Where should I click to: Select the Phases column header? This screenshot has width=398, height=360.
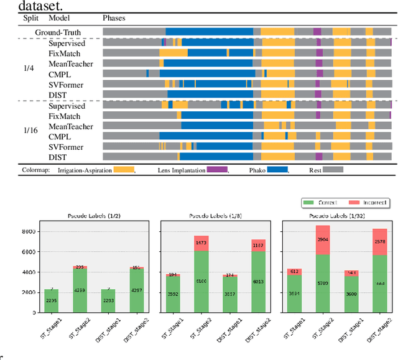114,18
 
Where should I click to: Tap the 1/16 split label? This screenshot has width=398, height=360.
30,131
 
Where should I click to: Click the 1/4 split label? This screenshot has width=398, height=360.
29,69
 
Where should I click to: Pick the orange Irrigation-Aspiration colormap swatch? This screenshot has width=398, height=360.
123,169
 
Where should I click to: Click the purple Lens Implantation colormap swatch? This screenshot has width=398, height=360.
217,169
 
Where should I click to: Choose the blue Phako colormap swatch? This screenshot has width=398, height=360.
278,169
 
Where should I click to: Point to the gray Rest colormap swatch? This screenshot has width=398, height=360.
333,169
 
